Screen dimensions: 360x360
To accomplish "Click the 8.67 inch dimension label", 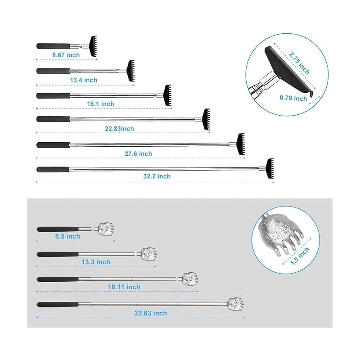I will click(66, 55).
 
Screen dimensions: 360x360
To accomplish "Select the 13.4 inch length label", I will click(84, 80).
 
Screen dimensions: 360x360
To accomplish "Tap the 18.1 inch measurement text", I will click(100, 103).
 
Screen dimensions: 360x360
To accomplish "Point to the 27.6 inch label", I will click(139, 153).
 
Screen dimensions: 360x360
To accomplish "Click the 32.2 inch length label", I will click(157, 176).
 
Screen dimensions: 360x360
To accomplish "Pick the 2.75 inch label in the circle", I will click(299, 63).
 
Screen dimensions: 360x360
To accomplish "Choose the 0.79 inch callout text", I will click(293, 98).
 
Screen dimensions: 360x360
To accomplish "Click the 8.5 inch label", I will click(68, 236).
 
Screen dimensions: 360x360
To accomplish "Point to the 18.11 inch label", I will click(124, 287).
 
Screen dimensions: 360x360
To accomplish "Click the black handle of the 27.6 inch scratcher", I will click(53, 145).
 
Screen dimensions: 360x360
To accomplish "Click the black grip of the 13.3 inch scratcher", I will click(58, 254).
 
